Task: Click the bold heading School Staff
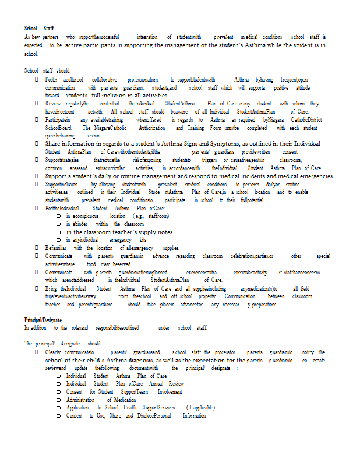[x=39, y=28]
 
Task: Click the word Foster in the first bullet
[x=51, y=79]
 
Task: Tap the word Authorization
[x=151, y=128]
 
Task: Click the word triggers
[x=210, y=160]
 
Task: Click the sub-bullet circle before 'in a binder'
[x=59, y=224]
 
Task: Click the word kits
[x=143, y=239]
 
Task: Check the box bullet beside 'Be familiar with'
[x=37, y=248]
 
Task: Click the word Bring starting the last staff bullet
[x=51, y=288]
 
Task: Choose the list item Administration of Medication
[x=101, y=400]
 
